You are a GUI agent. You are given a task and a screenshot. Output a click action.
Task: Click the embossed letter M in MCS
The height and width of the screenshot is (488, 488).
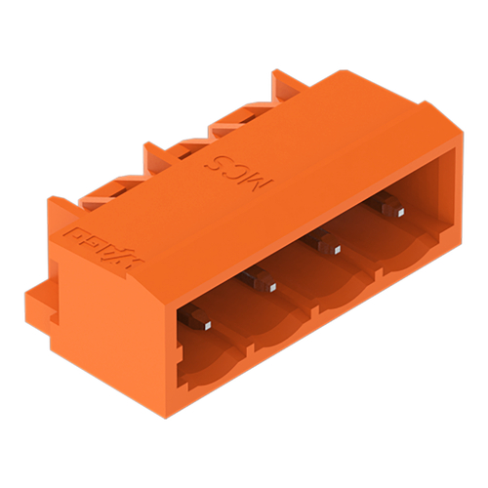point(265,181)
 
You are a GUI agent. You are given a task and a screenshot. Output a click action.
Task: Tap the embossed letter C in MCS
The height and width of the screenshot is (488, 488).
point(240,168)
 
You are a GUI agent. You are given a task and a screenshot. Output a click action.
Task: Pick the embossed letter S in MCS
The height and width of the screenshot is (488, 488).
point(217,156)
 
